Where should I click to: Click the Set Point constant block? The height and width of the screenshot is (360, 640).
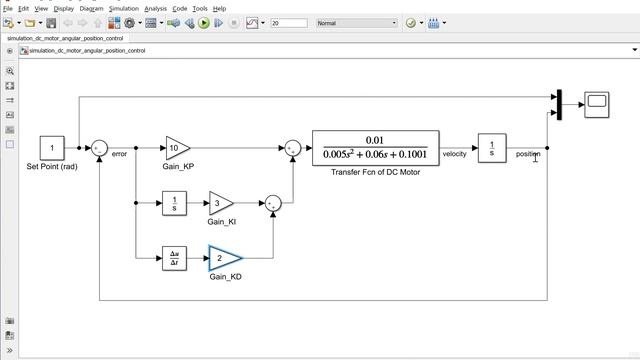coord(52,148)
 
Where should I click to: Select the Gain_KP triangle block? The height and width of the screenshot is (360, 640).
coord(177,148)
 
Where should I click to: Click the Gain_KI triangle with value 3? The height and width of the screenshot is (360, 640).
coord(220,203)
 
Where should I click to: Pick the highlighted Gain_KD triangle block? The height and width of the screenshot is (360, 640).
coord(223,258)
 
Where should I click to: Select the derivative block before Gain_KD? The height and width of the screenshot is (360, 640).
coord(174,258)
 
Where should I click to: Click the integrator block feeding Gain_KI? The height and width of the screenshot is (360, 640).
coord(174,203)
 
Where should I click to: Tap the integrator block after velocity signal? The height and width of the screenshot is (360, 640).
coord(491,148)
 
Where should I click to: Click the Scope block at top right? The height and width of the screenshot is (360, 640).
coord(597,103)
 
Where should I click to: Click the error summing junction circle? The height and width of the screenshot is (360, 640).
coord(99,148)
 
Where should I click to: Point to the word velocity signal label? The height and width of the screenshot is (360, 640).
coord(455,154)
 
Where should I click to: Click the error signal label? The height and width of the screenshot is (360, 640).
coord(120,154)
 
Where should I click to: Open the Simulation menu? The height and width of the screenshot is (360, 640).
coord(124,8)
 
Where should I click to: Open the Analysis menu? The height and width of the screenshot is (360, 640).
coord(155,8)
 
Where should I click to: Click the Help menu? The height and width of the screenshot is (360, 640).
coord(219,8)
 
